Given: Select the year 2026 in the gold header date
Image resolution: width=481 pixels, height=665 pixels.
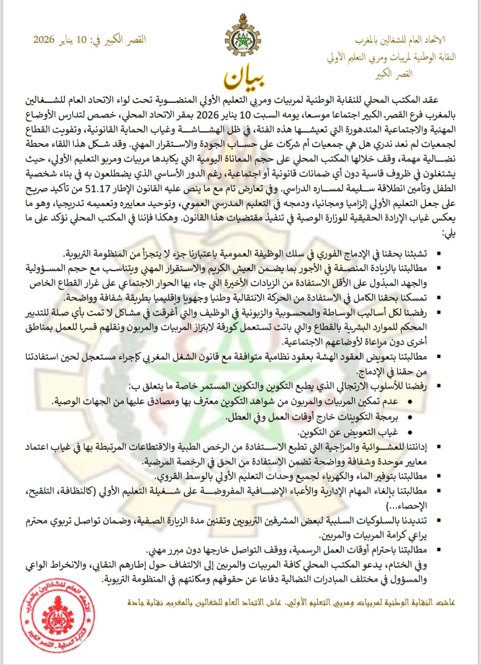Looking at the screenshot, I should tap(44, 40).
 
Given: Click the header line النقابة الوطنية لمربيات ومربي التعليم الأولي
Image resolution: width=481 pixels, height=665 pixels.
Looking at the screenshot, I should tap(391, 57).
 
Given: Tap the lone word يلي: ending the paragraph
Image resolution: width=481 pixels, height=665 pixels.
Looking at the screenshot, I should tap(448, 233).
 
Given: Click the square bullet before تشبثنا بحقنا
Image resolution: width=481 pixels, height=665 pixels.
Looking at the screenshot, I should tap(439, 254).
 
